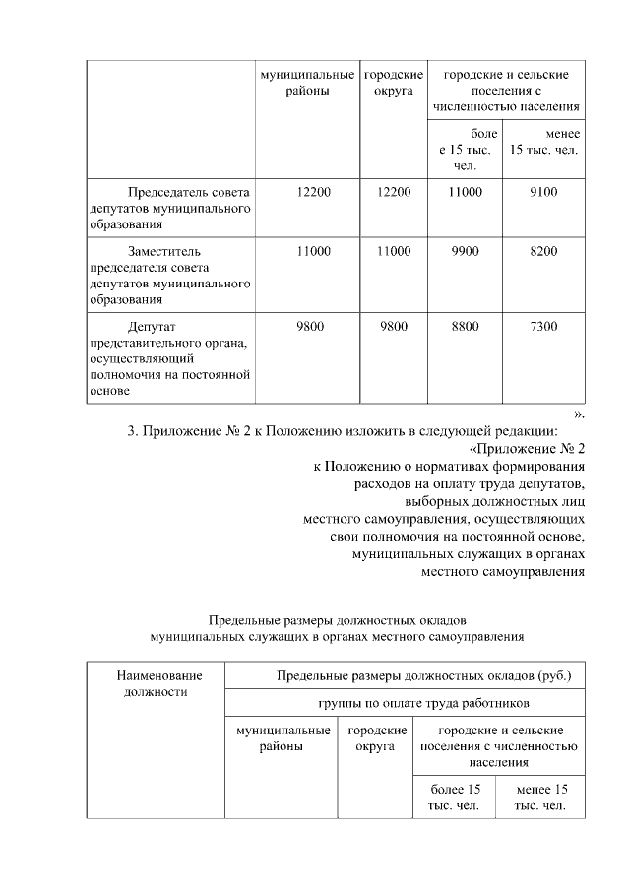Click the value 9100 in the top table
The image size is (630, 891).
point(543,192)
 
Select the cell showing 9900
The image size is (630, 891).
point(465,252)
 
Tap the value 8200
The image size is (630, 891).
point(543,252)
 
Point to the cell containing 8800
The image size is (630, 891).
point(465,327)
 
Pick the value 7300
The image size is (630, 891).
point(543,327)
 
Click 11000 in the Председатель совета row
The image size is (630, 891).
point(465,192)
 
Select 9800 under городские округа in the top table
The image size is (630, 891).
point(393,327)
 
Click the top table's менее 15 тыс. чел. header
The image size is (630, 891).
point(543,142)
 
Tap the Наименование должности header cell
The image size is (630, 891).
point(159,683)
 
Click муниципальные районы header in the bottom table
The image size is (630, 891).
point(282,738)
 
